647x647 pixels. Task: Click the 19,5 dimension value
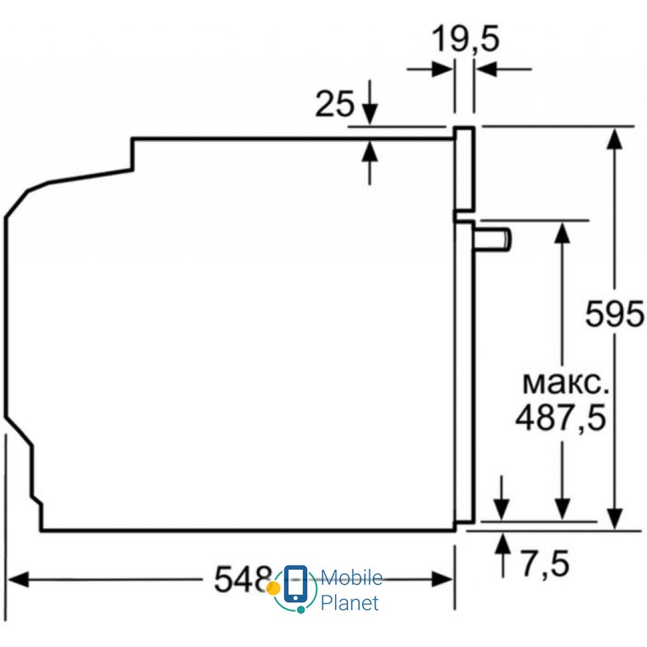(x=465, y=40)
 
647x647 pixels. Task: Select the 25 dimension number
(x=335, y=104)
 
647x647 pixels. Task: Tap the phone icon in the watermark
(x=295, y=584)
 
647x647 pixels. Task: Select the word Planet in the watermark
(x=350, y=603)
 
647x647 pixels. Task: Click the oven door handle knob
(x=497, y=239)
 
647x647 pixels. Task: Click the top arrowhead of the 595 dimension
(x=614, y=136)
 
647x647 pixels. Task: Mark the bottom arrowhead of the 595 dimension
(x=614, y=518)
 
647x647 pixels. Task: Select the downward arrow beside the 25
(x=370, y=114)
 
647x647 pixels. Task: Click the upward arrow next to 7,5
(x=503, y=543)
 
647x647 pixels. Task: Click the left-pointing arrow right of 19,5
(x=487, y=69)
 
